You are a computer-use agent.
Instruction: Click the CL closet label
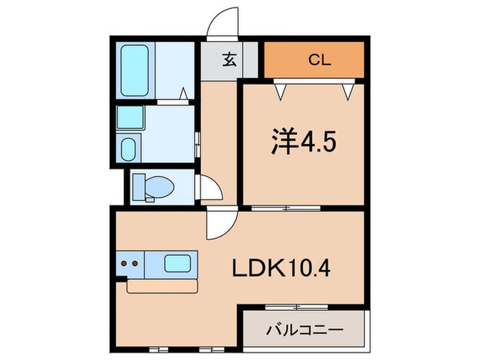coord(320,60)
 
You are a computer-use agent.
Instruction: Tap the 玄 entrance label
coord(230,60)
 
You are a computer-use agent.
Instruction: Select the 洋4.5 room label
coord(304,141)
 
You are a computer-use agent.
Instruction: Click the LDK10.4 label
coord(281,267)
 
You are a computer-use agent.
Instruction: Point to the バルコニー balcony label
coord(305,330)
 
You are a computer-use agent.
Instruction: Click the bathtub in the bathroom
coord(134,71)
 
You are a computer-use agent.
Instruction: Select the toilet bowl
coord(159,187)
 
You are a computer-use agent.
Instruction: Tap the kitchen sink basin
coord(178,263)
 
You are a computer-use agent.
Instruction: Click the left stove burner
coord(124,263)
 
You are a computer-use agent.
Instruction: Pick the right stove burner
coord(134,263)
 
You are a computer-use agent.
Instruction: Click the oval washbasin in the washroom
coord(128,149)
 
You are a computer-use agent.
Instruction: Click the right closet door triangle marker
coord(348,92)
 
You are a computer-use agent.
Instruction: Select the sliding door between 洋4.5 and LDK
coord(286,208)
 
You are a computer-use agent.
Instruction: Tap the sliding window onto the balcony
coord(297,307)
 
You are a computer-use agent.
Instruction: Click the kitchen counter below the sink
coord(163,287)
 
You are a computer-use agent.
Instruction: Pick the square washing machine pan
coord(130,117)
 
